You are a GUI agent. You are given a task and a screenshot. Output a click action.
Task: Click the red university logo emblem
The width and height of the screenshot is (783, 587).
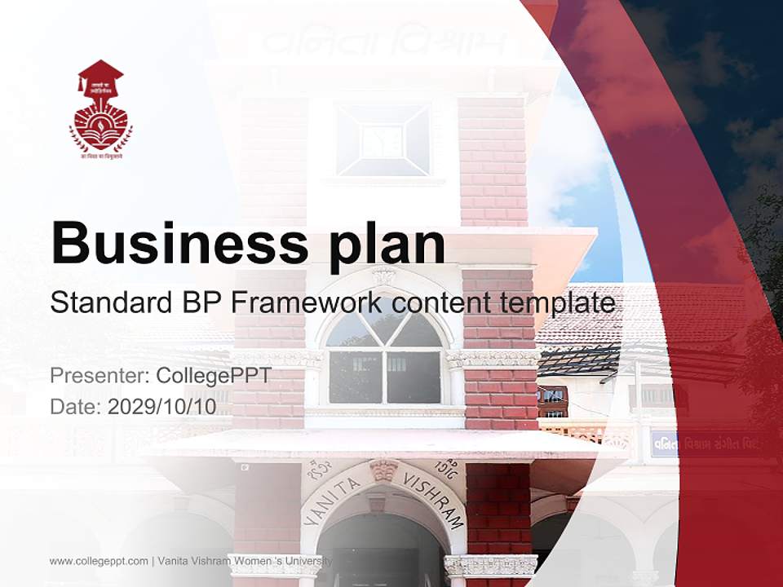click(100, 109)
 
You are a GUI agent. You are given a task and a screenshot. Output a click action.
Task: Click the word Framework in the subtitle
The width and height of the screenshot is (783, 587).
click(306, 303)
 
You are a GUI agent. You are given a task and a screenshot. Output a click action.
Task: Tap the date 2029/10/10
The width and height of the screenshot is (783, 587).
click(162, 407)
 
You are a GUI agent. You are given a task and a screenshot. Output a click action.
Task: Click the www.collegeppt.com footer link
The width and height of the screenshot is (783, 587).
click(99, 561)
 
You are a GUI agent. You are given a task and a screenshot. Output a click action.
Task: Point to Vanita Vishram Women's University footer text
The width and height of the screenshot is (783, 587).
click(246, 561)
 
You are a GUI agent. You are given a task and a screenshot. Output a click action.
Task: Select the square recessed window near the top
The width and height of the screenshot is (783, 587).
click(383, 139)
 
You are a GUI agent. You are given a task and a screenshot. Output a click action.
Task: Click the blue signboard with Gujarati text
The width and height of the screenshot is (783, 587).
click(701, 444)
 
